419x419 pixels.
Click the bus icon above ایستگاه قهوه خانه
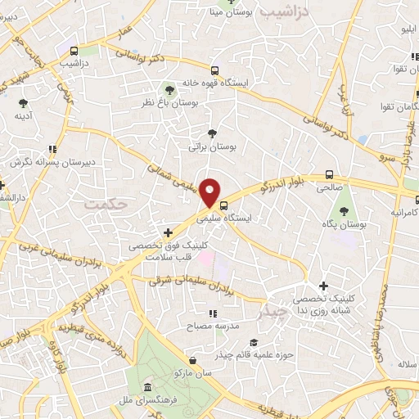point(214,70)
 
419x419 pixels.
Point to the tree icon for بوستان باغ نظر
point(169,89)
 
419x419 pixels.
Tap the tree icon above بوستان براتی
point(213,133)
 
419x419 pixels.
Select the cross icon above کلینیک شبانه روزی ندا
point(324,286)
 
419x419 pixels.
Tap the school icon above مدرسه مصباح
point(212,313)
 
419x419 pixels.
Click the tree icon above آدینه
point(23,102)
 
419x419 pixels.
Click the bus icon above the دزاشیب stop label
point(75,49)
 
